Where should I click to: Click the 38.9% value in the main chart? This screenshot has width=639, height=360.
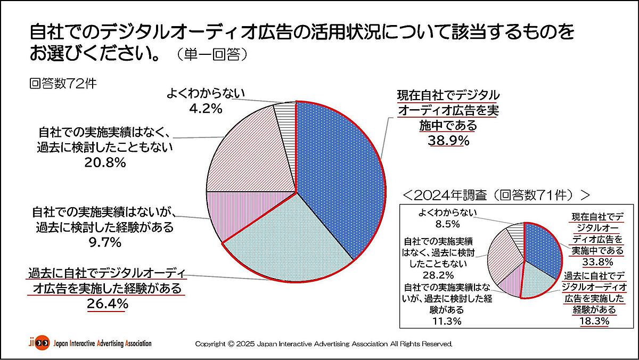coord(448,141)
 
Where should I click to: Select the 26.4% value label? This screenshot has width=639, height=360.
coord(107,304)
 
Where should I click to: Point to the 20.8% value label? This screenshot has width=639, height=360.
coord(105,163)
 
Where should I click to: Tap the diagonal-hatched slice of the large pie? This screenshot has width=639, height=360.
coord(245,154)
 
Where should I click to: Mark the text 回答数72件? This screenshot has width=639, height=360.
coord(63,85)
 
